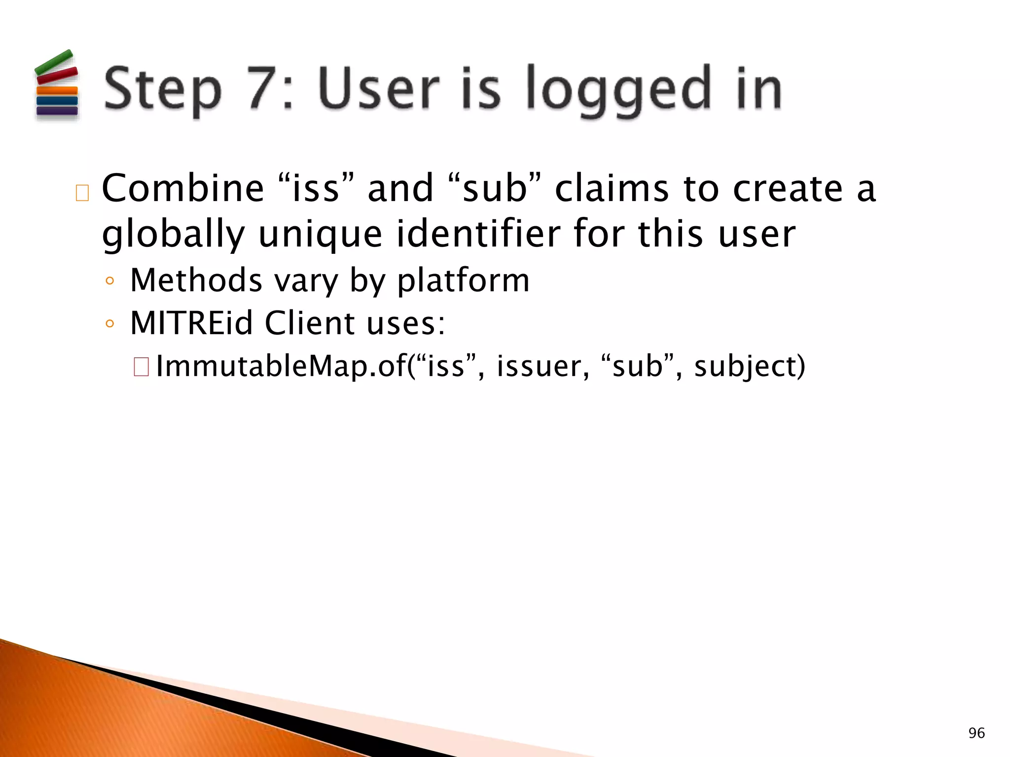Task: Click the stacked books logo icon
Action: click(57, 85)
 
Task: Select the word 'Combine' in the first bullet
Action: click(183, 188)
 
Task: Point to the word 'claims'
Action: click(612, 188)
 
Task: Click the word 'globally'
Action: click(173, 234)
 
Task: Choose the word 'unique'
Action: click(320, 234)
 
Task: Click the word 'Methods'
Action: click(196, 280)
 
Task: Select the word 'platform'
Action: click(463, 281)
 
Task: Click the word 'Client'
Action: click(310, 323)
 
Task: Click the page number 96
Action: click(976, 733)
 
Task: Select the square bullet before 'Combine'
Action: click(82, 193)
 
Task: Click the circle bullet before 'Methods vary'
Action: click(110, 281)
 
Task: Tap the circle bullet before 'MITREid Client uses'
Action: click(110, 324)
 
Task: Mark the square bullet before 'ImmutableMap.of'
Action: click(141, 367)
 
